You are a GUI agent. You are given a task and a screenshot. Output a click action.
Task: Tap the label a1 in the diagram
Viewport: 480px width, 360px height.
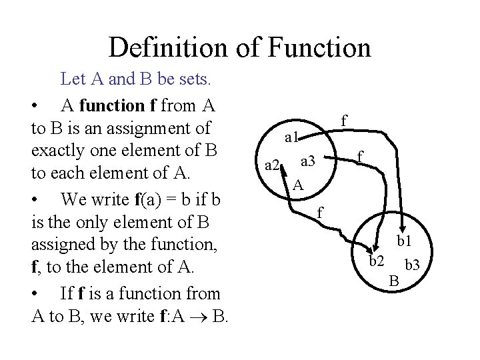coord(291,139)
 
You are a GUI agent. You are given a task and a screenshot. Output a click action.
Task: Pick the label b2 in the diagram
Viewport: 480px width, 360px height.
coord(377,260)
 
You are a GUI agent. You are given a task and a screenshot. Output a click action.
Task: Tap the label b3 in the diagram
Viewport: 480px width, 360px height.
coord(412,265)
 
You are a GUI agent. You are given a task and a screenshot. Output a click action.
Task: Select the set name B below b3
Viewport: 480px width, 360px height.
coord(394,283)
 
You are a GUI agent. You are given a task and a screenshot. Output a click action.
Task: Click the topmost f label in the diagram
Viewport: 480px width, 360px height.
coord(343,120)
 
